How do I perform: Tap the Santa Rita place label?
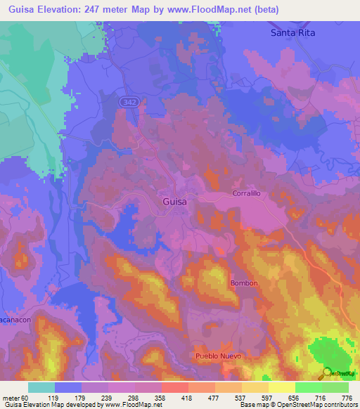[x=293, y=33]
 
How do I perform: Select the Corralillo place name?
[x=247, y=193]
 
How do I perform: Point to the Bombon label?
[x=244, y=283]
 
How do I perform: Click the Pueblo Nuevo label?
[x=218, y=356]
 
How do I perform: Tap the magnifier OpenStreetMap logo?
[x=326, y=372]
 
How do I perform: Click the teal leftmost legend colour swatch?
[x=41, y=387]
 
